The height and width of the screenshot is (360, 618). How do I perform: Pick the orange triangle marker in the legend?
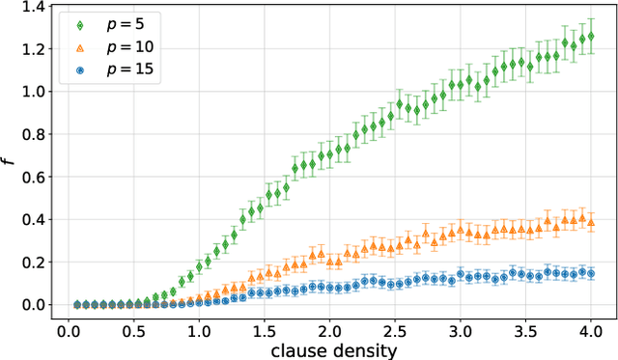pos(81,47)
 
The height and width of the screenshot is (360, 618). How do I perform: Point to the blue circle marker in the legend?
pos(81,69)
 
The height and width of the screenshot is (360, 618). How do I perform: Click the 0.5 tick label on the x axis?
pos(132,328)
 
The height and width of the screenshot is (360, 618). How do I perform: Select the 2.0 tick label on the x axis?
pos(328,328)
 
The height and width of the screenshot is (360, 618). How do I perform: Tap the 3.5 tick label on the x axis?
pos(524,328)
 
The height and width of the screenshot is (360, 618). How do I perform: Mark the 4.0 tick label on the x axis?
pos(590,328)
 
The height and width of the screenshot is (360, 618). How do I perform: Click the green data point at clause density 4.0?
pos(590,37)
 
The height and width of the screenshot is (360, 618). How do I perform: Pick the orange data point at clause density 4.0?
pos(590,222)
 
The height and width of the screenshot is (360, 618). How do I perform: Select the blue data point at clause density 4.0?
pos(590,274)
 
